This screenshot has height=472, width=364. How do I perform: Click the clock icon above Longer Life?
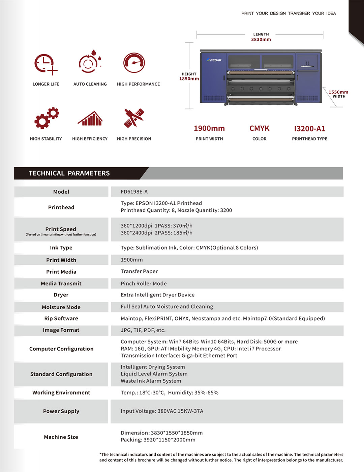click(45, 64)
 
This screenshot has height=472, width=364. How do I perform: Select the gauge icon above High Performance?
click(134, 63)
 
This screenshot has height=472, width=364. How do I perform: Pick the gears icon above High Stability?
click(47, 118)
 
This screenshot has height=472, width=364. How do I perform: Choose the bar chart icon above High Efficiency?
click(90, 118)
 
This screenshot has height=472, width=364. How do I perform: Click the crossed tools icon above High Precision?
click(134, 118)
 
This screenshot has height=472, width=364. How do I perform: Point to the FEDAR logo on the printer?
click(214, 60)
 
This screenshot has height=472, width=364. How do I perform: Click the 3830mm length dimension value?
click(261, 39)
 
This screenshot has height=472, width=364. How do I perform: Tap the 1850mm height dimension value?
click(189, 79)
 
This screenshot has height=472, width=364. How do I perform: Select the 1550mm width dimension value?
click(338, 92)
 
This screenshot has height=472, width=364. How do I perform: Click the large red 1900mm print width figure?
click(209, 128)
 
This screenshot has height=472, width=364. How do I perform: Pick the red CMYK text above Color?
click(259, 128)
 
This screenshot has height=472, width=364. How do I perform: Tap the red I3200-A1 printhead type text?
click(309, 128)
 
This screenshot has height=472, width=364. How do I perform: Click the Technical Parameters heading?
click(69, 173)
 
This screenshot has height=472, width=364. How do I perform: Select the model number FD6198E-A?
click(134, 192)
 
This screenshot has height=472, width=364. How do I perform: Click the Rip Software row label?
click(61, 319)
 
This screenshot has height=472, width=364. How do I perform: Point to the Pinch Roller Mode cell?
click(144, 284)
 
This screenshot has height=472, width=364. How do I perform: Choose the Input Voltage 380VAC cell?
click(162, 411)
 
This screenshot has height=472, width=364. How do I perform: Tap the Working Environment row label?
click(61, 392)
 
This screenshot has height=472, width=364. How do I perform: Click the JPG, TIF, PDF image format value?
click(143, 330)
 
